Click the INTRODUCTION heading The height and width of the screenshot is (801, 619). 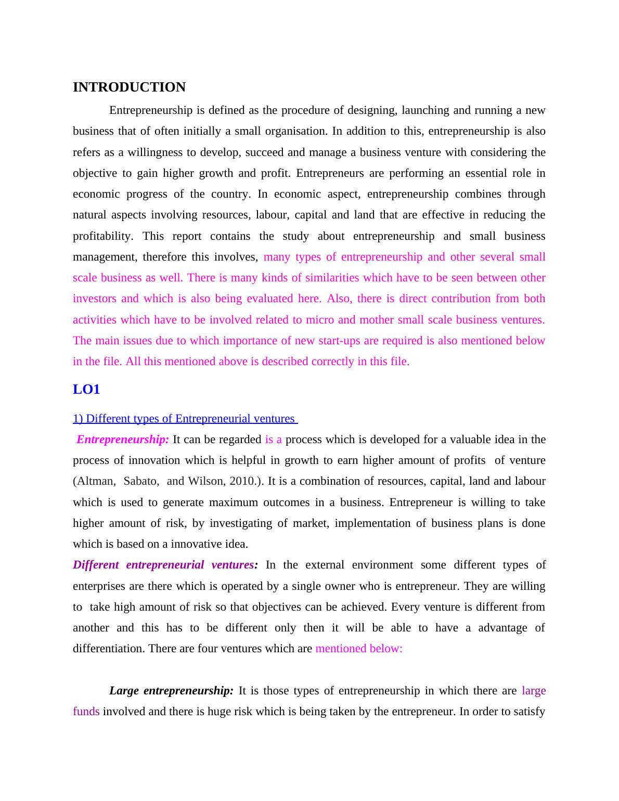click(129, 87)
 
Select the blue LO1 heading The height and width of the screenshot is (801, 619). click(86, 390)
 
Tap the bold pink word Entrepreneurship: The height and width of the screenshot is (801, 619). click(123, 440)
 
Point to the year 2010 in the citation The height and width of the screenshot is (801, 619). click(241, 481)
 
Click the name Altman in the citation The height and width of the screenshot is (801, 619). click(95, 481)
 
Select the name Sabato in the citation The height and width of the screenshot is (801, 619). click(141, 481)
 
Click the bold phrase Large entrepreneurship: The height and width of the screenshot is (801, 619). click(171, 691)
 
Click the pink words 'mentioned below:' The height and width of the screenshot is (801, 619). click(359, 649)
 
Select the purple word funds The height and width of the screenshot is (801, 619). click(86, 712)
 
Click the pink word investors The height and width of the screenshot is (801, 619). click(94, 299)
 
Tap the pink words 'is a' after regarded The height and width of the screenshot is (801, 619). click(273, 440)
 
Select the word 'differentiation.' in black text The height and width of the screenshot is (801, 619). click(109, 649)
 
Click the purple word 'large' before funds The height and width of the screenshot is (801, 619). click(534, 691)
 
